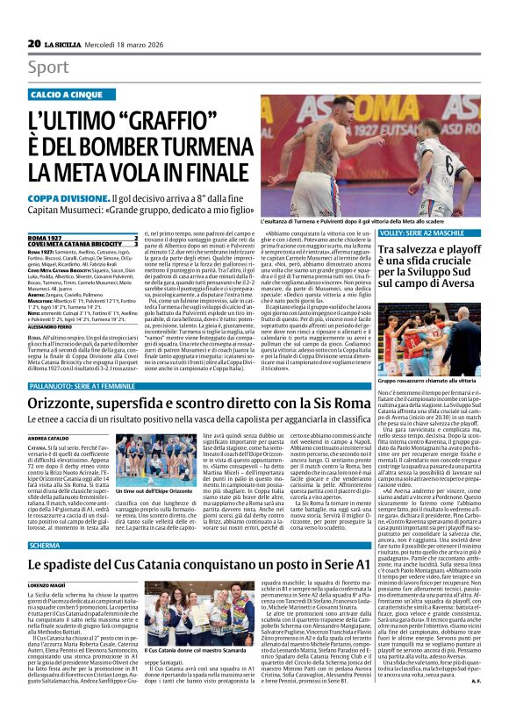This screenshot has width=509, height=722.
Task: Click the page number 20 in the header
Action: click(x=33, y=43)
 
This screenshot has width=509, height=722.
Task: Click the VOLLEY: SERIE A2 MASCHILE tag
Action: click(x=427, y=232)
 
